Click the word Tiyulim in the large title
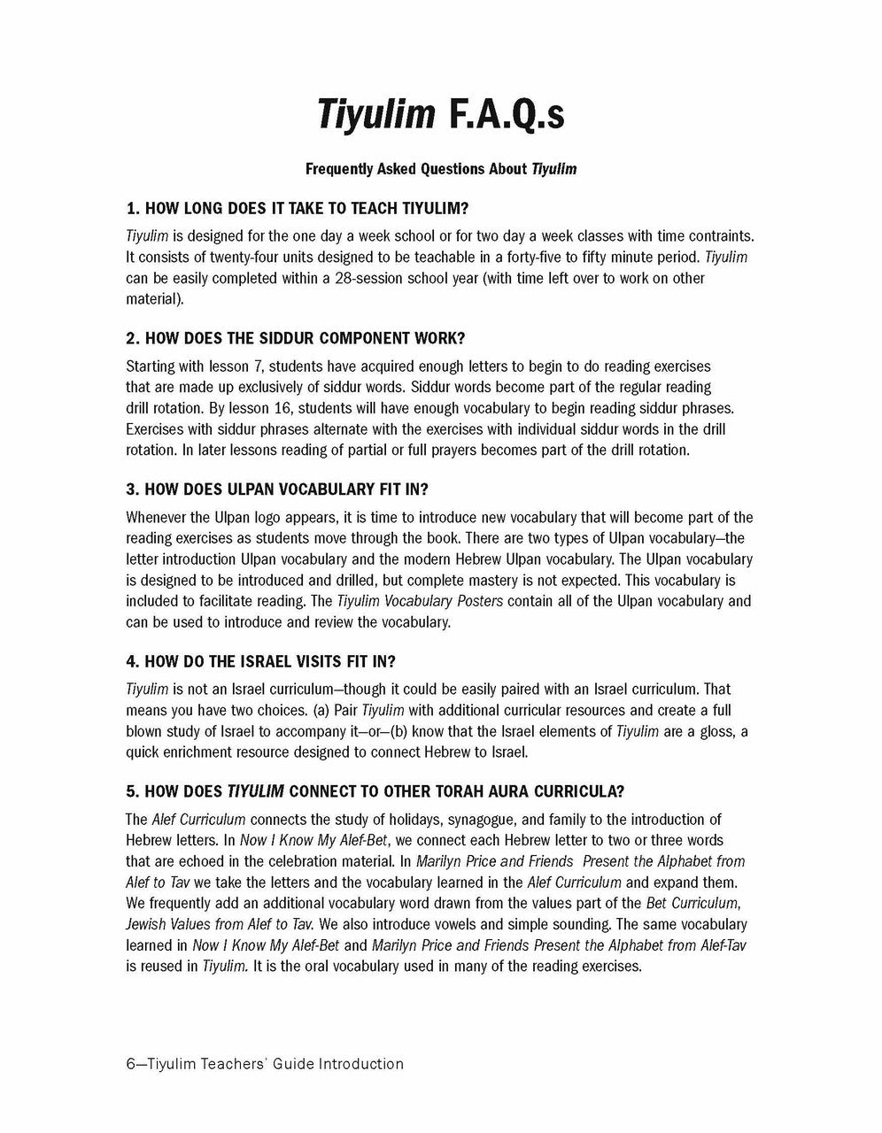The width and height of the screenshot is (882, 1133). coord(375,114)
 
